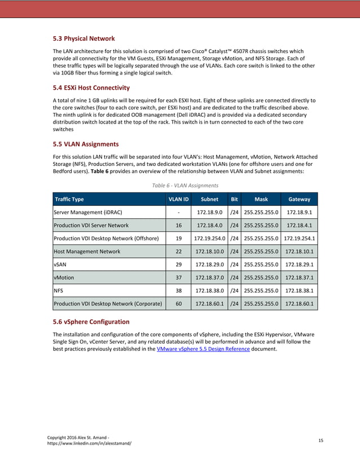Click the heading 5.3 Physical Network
pos(84,39)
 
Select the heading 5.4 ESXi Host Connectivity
pos(91,87)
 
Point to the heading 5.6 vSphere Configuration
pos(91,322)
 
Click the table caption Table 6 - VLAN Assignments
pos(185,184)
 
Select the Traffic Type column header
pos(69,199)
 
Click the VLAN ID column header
pos(178,199)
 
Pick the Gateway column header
pos(299,199)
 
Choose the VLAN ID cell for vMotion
pos(178,278)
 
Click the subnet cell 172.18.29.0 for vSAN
pos(210,265)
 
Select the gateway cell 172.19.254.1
pos(299,238)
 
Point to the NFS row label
pos(58,291)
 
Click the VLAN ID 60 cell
pos(178,304)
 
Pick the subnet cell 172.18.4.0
pos(210,225)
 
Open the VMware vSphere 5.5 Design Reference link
pos(203,349)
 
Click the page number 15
pos(321,439)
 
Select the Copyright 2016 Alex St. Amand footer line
pos(77,437)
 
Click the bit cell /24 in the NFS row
pos(234,291)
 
